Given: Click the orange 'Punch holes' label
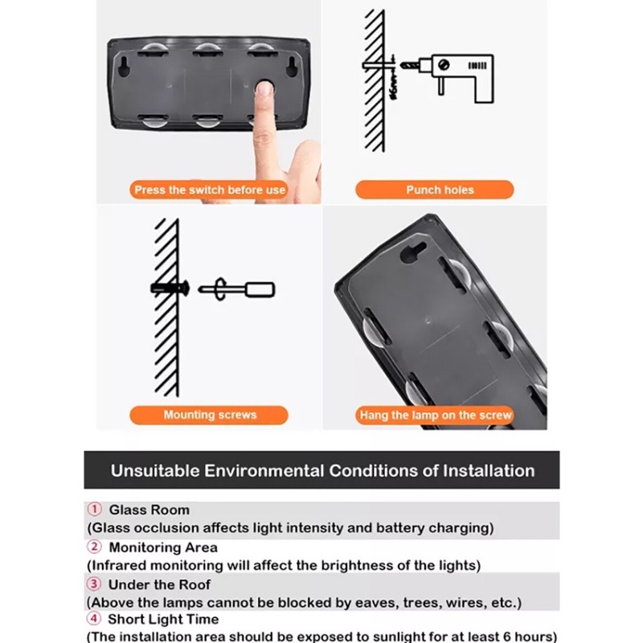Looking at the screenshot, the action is (x=434, y=190).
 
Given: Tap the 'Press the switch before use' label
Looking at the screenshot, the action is (x=210, y=190).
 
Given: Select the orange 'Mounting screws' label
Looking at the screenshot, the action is (x=209, y=415).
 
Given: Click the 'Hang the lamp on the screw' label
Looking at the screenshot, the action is (x=435, y=416).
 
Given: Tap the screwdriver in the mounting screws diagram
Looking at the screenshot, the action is (x=236, y=289).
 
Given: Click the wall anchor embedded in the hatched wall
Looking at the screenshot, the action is (x=170, y=288).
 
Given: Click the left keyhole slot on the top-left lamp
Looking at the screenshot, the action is (x=124, y=66).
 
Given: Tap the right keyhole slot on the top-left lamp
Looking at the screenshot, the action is (x=292, y=66).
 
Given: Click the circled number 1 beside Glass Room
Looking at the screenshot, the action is (x=94, y=510).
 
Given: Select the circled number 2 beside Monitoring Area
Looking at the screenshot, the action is (x=94, y=547).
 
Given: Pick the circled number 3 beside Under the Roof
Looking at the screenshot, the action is (x=94, y=584).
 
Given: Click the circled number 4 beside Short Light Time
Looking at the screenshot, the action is (x=94, y=618).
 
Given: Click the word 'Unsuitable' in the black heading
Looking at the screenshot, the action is (x=155, y=471).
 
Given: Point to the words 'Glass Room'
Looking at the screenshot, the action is (x=149, y=510).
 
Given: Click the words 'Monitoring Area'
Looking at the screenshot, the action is (x=163, y=547).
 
